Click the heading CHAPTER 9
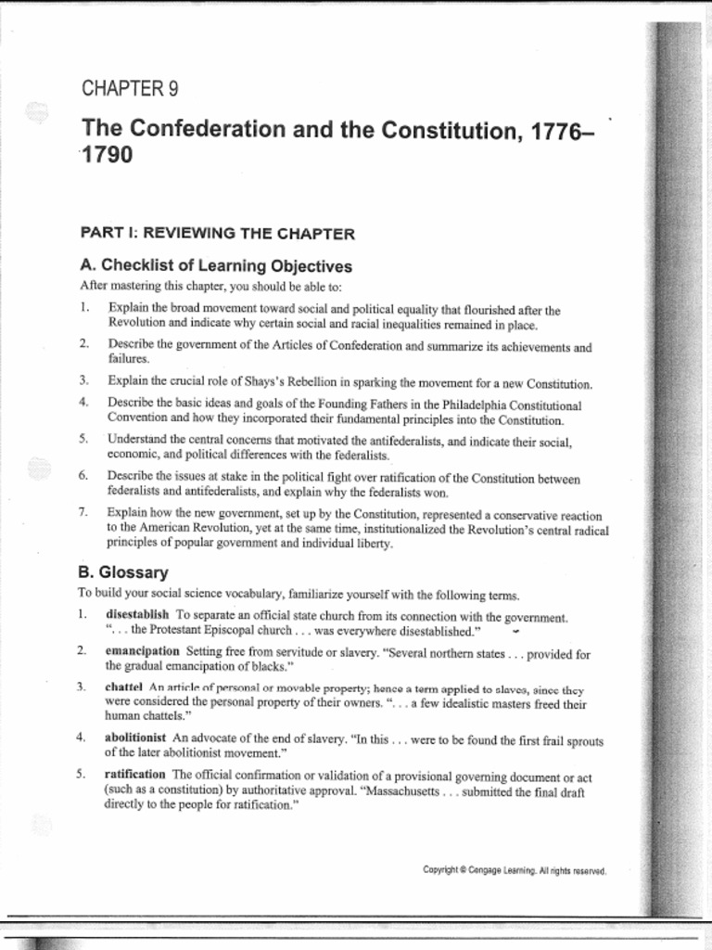coord(130,89)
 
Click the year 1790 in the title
coord(107,154)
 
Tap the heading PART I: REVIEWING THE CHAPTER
coord(217,233)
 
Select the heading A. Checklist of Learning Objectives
coord(216,266)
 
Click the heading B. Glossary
coord(123,572)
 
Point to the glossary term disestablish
coord(137,615)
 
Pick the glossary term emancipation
coord(142,651)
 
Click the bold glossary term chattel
coord(123,687)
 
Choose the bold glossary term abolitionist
coord(136,738)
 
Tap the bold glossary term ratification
coord(135,774)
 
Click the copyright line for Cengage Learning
coord(514,869)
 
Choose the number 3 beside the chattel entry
coord(83,687)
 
